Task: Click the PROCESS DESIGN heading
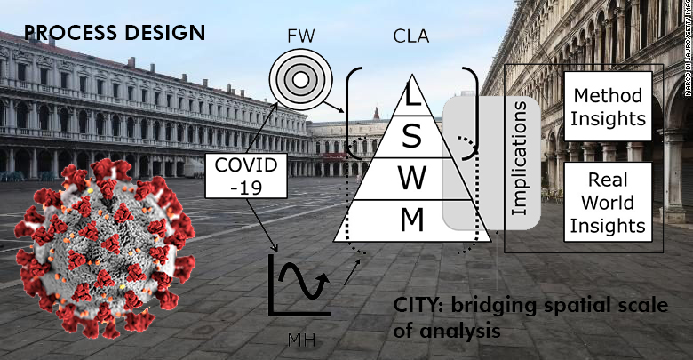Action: point(115,34)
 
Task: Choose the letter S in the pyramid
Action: point(410,136)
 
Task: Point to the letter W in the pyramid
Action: point(410,177)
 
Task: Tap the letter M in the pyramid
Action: point(410,219)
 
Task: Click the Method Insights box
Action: point(609,105)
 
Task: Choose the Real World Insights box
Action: point(609,202)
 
